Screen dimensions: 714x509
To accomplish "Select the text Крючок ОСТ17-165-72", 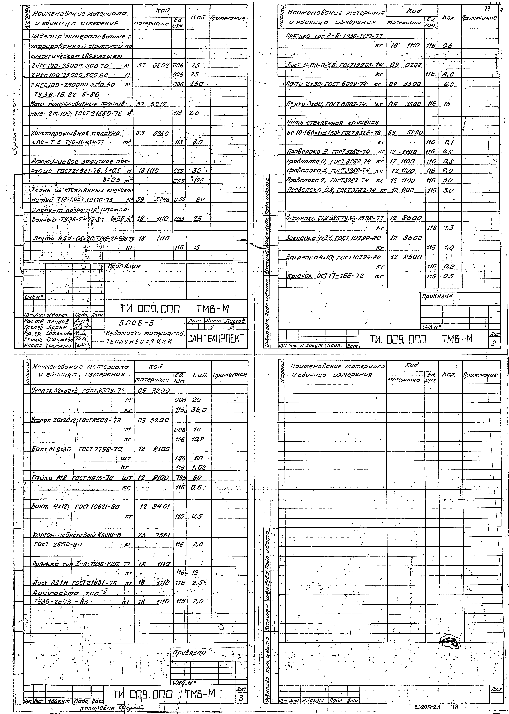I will [x=326, y=276].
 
